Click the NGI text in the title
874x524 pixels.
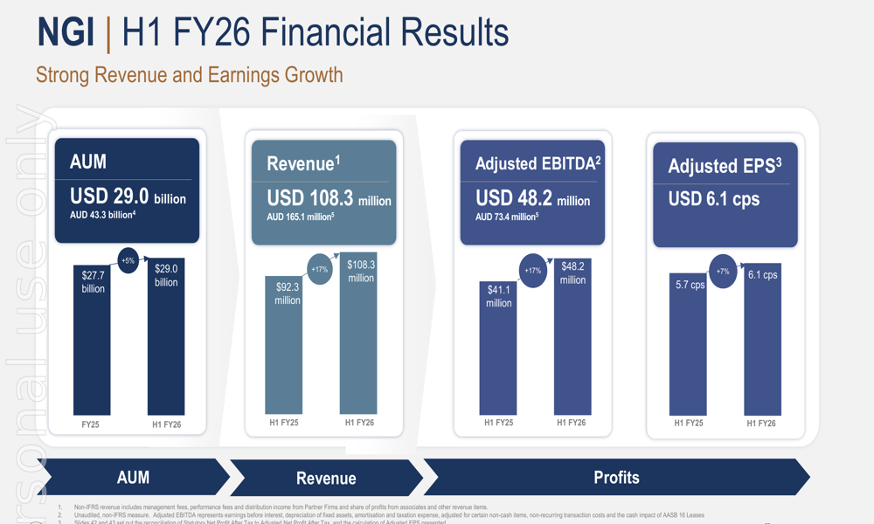pyautogui.click(x=65, y=33)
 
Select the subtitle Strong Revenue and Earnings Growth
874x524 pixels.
pyautogui.click(x=189, y=74)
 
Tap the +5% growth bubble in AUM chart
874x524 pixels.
pyautogui.click(x=128, y=260)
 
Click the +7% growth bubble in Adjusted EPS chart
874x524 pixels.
pyautogui.click(x=723, y=272)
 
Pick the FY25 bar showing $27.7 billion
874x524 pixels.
pyautogui.click(x=93, y=341)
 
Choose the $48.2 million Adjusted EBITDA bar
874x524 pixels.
pyautogui.click(x=572, y=336)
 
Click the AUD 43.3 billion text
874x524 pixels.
pyautogui.click(x=103, y=215)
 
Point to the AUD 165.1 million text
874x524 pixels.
pyautogui.click(x=301, y=217)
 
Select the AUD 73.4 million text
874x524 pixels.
pyautogui.click(x=507, y=217)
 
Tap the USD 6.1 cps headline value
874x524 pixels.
pyautogui.click(x=714, y=199)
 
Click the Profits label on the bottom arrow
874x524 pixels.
pyautogui.click(x=616, y=478)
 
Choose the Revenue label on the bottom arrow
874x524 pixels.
pyautogui.click(x=326, y=479)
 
